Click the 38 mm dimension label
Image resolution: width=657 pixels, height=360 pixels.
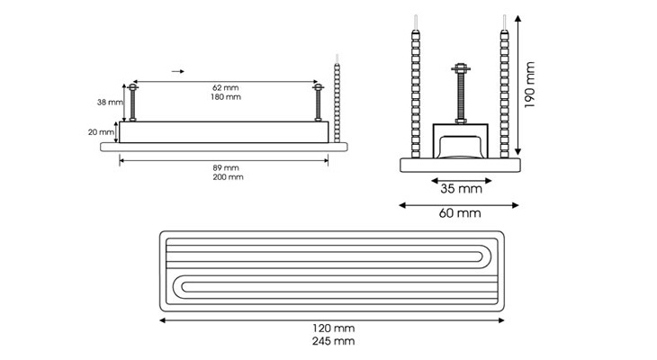coord(110,103)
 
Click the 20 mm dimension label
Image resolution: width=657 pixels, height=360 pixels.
coord(101,132)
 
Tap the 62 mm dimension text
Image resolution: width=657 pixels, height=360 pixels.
coord(225,87)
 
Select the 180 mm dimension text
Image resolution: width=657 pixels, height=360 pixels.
coord(225,97)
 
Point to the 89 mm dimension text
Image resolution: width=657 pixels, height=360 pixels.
coord(225,167)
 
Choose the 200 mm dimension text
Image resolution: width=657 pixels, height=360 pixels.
coord(228,177)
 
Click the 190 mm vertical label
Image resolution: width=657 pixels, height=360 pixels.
coord(529,85)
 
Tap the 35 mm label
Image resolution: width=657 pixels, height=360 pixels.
coord(461,189)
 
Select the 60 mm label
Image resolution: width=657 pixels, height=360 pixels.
coord(460,213)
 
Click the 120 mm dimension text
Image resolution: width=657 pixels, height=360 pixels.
coord(333,328)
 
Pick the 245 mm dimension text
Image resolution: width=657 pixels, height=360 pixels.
coord(333,341)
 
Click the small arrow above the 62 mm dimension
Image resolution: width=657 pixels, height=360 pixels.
coord(177,72)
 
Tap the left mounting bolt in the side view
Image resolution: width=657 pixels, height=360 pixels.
coord(133,103)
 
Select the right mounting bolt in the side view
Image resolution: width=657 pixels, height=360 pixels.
coord(318,103)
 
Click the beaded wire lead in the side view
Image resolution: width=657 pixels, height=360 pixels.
coord(337,98)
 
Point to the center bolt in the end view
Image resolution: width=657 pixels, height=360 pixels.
coord(461,94)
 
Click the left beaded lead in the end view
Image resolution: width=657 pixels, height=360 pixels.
coord(415,86)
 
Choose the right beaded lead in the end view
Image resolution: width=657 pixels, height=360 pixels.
coord(504,86)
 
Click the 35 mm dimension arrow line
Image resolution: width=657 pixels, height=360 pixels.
coord(462,181)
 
